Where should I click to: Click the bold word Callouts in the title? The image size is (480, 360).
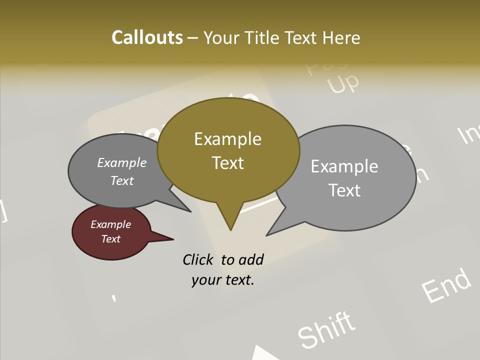pos(147,37)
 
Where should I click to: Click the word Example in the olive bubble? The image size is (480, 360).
pos(227,139)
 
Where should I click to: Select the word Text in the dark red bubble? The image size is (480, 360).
pos(110,239)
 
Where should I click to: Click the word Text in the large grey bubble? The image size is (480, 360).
pos(344,190)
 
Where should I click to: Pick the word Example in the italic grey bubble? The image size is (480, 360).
pos(121,162)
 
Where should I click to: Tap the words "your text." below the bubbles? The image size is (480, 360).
pos(223,280)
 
